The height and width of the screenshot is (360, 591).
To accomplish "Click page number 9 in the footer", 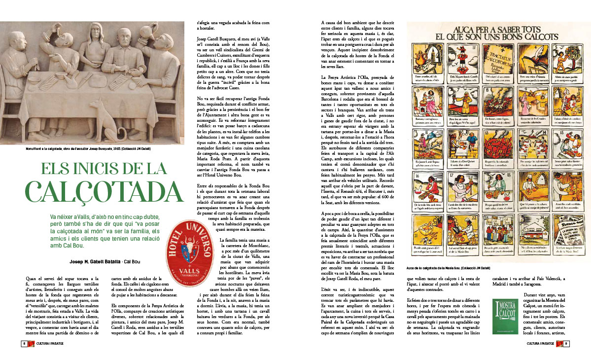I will tap(567, 344).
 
